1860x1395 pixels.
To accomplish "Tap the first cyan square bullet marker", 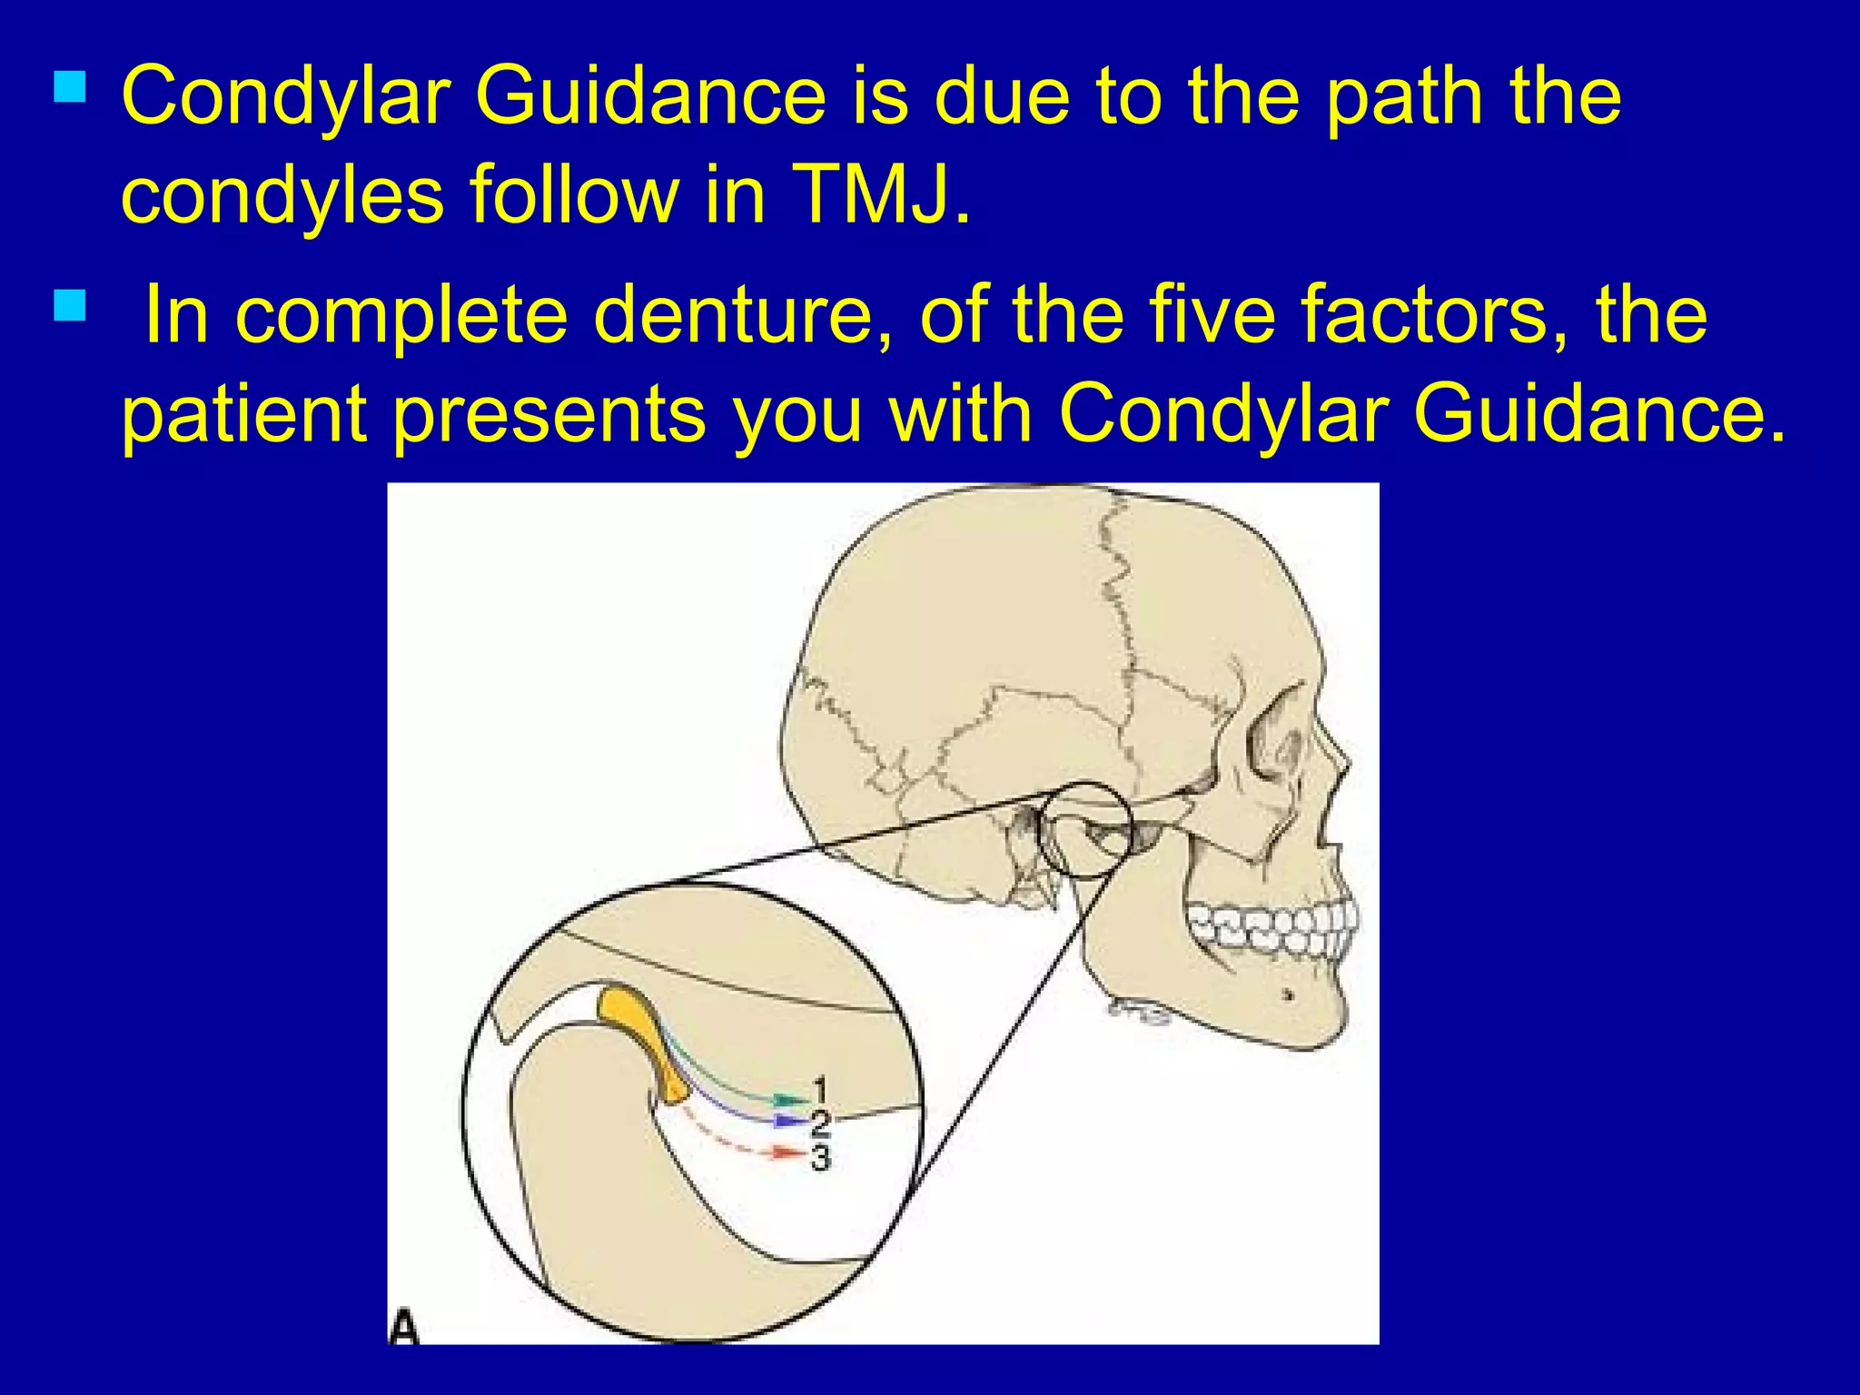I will [70, 87].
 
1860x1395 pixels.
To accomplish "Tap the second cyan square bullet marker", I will [70, 306].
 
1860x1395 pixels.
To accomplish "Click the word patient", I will [243, 414].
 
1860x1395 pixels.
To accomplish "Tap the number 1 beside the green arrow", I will [820, 1087].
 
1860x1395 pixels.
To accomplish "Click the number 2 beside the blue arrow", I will [820, 1123].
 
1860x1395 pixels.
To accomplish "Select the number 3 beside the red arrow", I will [820, 1158].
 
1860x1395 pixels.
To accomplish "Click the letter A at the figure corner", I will [404, 1327].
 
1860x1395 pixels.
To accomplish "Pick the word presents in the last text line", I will [549, 414].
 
